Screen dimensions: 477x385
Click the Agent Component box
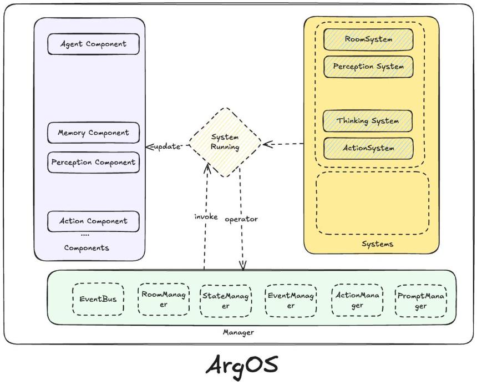[93, 44]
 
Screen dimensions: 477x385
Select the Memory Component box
[93, 133]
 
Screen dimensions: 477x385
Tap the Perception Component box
[93, 162]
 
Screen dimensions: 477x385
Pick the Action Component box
[93, 221]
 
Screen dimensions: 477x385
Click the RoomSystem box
[368, 39]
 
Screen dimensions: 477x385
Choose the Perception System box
[368, 67]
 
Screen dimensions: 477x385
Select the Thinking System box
[368, 121]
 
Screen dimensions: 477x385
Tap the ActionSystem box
[368, 148]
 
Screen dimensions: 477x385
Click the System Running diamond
[225, 142]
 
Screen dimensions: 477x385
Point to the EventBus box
[98, 299]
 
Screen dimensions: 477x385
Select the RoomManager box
[164, 299]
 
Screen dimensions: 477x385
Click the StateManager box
[226, 300]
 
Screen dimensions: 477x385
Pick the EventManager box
[291, 300]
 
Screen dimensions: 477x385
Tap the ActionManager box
[357, 300]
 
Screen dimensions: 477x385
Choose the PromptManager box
[421, 301]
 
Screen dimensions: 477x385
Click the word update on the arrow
[167, 146]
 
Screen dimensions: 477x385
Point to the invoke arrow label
[206, 217]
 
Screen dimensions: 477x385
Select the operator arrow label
[241, 219]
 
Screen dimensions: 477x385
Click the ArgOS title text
[242, 365]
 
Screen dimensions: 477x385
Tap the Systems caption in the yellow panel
[377, 244]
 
